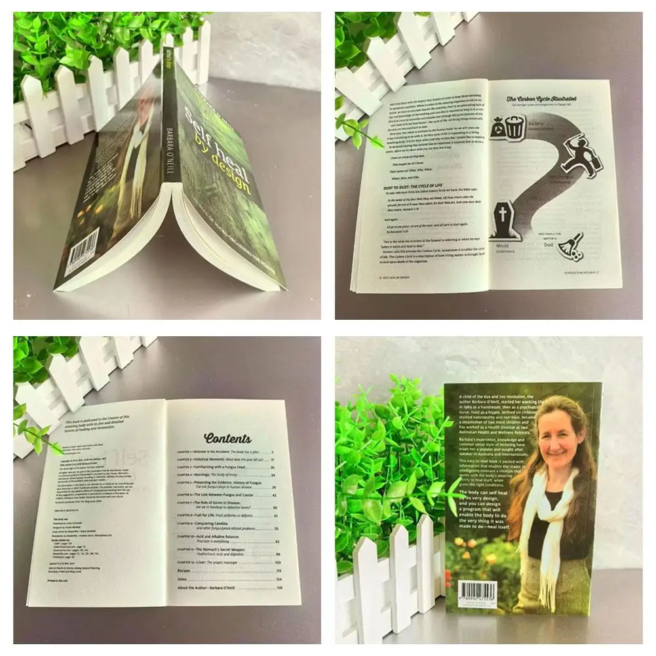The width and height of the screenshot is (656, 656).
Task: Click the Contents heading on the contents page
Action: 227,438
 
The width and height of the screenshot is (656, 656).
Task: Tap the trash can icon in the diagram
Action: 514,126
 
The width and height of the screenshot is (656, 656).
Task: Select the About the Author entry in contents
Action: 210,588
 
